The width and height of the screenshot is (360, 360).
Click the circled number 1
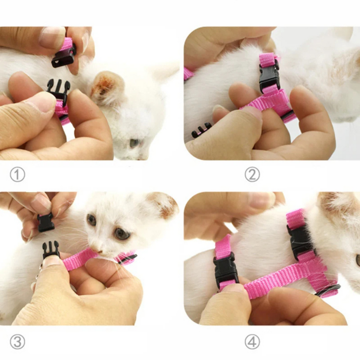pos(17,175)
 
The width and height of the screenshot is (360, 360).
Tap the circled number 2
pos(252,175)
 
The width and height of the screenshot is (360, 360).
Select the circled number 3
pos(17,342)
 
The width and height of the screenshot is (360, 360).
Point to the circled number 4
pos(252,342)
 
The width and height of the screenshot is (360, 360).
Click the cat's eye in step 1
pos(135,143)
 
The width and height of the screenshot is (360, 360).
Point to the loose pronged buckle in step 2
pos(201,130)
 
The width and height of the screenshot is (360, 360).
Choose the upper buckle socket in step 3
pos(46,222)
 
